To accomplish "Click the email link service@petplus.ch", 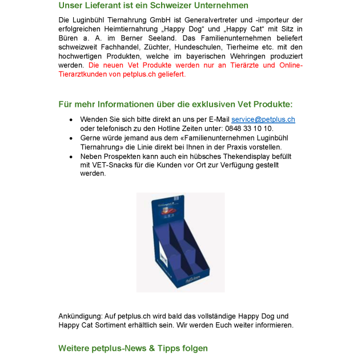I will pos(263,119).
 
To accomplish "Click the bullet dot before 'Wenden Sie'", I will pos(70,120).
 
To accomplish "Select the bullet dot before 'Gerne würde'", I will pos(70,138).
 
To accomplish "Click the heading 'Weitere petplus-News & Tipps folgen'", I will pos(133,348).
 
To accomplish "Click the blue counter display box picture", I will pos(181,242).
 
